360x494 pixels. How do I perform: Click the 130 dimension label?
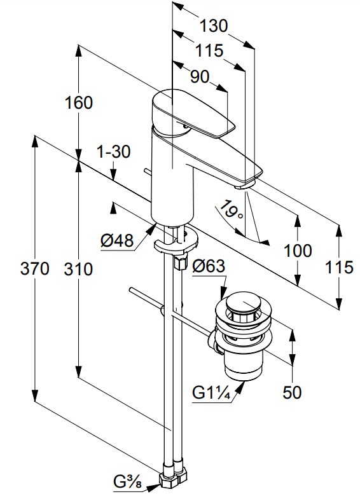click(214, 26)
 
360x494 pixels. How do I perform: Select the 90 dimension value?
click(200, 76)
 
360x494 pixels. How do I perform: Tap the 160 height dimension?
click(79, 103)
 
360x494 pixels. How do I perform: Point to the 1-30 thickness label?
click(113, 152)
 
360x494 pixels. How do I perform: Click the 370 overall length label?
click(35, 269)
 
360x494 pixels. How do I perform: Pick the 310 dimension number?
click(78, 270)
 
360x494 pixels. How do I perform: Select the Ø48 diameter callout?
click(117, 241)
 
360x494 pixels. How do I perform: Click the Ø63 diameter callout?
click(209, 266)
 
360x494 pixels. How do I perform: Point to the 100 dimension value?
click(298, 250)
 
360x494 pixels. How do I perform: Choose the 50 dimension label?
click(292, 392)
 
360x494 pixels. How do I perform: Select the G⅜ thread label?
click(128, 482)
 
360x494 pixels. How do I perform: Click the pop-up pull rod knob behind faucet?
click(148, 172)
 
